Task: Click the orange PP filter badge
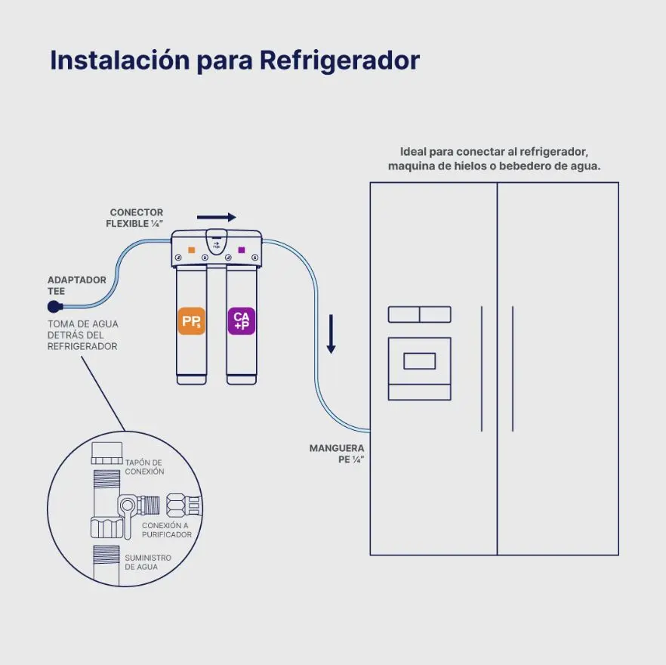(192, 320)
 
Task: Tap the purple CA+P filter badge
(242, 320)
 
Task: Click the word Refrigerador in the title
(339, 60)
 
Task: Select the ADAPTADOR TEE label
(77, 286)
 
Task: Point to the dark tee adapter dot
(55, 307)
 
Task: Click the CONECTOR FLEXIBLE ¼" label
(134, 218)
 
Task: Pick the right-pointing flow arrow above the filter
(216, 218)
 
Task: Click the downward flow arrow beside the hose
(331, 334)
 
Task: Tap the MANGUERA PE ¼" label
(337, 453)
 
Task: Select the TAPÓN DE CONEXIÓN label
(144, 467)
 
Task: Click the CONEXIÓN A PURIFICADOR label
(166, 530)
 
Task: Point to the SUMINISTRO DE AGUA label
(148, 562)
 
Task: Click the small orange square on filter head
(192, 250)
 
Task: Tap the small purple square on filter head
(242, 250)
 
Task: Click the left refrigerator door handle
(482, 369)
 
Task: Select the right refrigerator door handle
(513, 369)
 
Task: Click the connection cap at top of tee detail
(106, 453)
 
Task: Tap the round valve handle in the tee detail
(128, 506)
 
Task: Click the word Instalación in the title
(120, 60)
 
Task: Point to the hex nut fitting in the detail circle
(175, 505)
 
